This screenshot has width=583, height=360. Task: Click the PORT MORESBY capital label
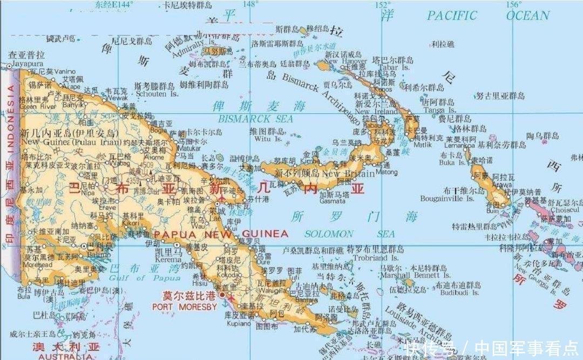click(184, 307)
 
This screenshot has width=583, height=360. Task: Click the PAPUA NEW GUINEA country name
click(221, 234)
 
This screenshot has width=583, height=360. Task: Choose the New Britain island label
click(348, 174)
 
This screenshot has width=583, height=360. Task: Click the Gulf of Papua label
click(145, 277)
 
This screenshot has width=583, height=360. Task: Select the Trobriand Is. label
click(372, 257)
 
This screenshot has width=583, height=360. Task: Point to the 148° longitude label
click(250, 4)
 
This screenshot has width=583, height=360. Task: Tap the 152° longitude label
click(383, 4)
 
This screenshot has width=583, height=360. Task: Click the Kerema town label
click(168, 260)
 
